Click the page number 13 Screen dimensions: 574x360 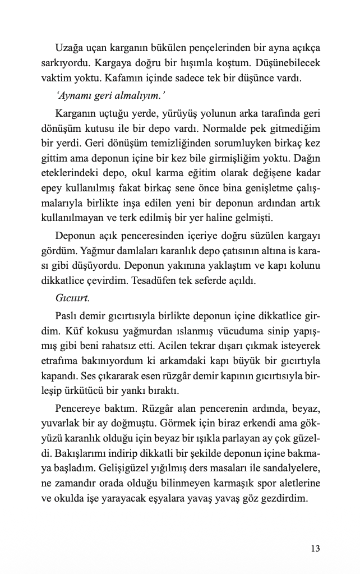tap(315, 548)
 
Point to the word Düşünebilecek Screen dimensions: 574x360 tap(285, 62)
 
